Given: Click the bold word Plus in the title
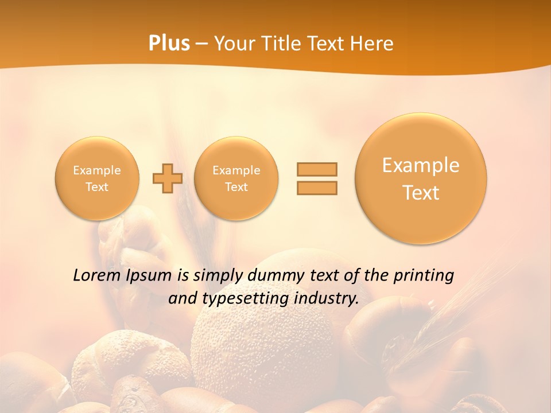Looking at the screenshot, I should tap(169, 44).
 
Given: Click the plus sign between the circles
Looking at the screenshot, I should tap(167, 178).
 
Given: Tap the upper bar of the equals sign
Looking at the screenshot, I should tap(317, 169).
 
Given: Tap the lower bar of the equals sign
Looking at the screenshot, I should tap(317, 188).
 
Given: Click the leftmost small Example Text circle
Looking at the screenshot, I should tap(97, 178).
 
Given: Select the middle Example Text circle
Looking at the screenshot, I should tap(236, 178).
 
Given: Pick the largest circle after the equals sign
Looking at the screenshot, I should tap(421, 178).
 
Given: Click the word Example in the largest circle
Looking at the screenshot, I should tap(421, 165).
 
